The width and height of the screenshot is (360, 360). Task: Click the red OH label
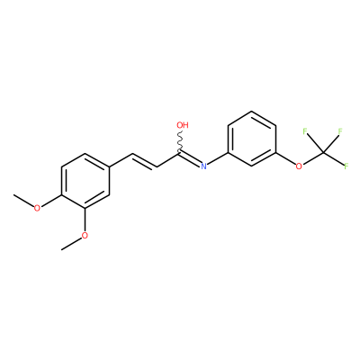[x=183, y=125]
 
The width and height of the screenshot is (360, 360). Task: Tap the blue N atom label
[x=203, y=166]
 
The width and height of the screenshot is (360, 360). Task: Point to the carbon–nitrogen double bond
[x=190, y=159]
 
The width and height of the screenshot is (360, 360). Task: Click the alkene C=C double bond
[x=144, y=161]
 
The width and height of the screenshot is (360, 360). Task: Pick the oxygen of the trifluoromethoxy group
[x=299, y=166]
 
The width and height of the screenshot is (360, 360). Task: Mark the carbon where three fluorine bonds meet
[x=323, y=153]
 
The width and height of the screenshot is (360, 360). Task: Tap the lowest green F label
[x=346, y=166]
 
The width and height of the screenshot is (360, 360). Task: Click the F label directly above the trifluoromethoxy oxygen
[x=305, y=131]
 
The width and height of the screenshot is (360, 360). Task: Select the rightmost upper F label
[x=340, y=131]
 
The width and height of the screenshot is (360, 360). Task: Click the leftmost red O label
[x=37, y=208]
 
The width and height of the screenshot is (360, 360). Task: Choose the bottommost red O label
[x=85, y=236]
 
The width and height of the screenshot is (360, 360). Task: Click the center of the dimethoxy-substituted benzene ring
[x=85, y=181]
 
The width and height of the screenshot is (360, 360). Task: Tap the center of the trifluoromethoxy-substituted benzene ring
[x=251, y=139]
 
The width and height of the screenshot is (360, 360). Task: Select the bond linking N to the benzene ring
[x=218, y=158]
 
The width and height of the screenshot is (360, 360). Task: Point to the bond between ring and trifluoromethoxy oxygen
[x=285, y=158]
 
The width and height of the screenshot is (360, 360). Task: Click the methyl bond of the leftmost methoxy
[x=23, y=201]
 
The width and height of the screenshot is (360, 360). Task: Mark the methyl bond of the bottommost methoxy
[x=71, y=244]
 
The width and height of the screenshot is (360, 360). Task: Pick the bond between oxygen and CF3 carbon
[x=312, y=158]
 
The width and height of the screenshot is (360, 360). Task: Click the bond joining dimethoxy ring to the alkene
[x=121, y=160]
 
